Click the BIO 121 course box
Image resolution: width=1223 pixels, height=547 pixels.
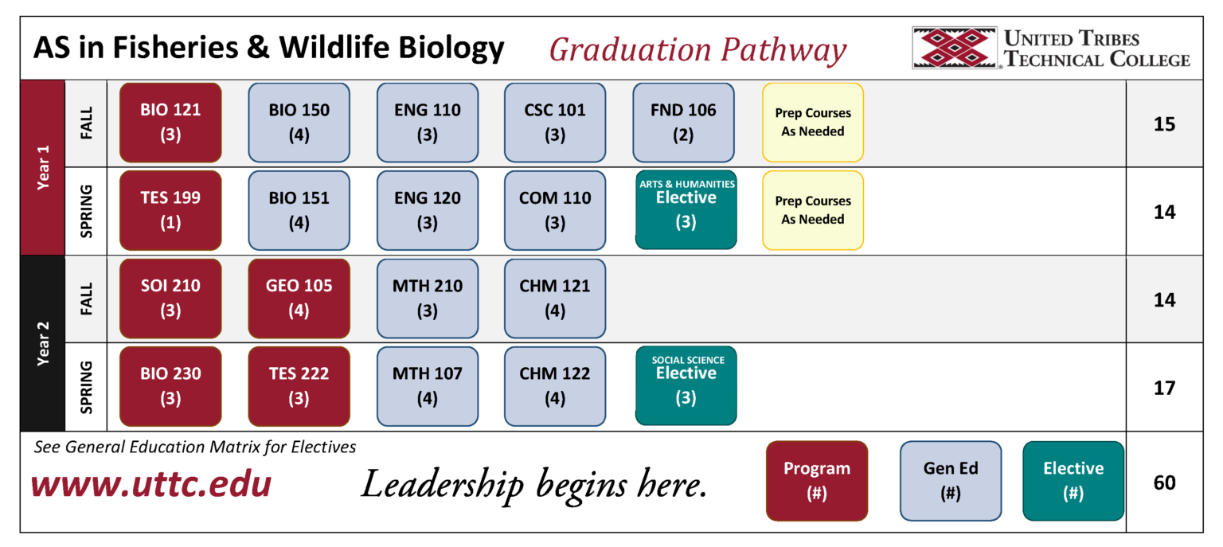coord(170,123)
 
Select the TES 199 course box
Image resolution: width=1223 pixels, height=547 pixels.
coord(170,210)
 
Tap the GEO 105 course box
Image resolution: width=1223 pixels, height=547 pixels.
coord(299,298)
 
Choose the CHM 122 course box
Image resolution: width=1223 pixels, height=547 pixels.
coord(555,385)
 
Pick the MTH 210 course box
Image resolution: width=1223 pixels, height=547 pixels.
coord(428,298)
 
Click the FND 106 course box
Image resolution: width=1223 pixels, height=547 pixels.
coord(683,123)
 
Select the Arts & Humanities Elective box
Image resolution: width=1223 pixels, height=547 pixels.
coord(686,209)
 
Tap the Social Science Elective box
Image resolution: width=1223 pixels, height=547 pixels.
coord(686,385)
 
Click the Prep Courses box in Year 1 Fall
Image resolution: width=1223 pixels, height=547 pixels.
coord(813,123)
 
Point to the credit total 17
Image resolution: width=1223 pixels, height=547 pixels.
coord(1164,389)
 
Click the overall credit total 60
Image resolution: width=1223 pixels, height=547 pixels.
coord(1164,483)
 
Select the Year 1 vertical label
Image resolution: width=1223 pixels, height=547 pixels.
coord(43,167)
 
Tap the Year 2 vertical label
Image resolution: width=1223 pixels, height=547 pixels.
coord(43,343)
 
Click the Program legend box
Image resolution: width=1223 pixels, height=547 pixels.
coord(816,481)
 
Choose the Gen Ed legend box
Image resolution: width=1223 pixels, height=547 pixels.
coord(950,481)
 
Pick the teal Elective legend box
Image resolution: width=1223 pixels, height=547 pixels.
coord(1073,481)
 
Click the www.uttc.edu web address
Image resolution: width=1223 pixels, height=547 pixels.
coord(151,484)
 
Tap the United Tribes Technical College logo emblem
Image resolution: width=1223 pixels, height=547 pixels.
coord(955,48)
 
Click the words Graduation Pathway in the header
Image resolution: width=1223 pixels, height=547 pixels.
coord(697,50)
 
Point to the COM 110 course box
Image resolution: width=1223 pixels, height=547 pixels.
coord(555,210)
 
